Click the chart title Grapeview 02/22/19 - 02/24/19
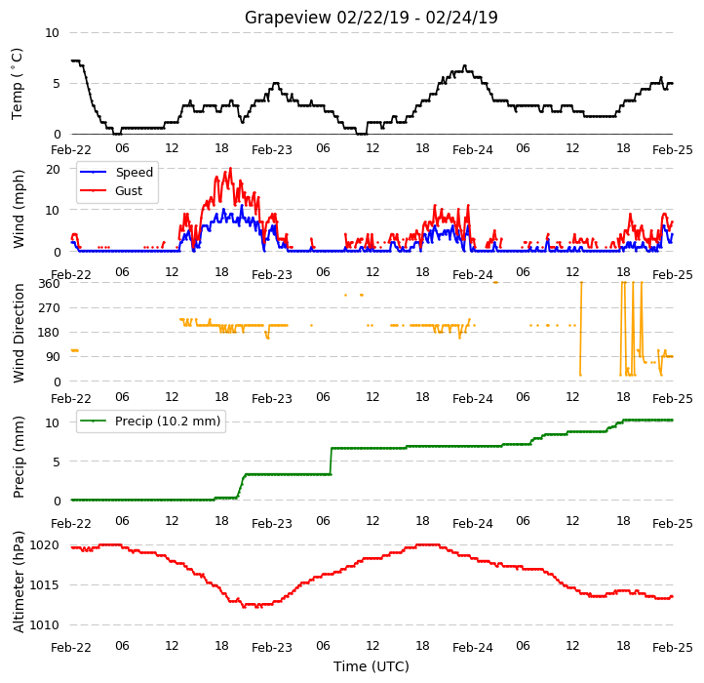tap(371, 18)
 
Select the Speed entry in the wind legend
tap(135, 172)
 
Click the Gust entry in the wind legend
tap(129, 190)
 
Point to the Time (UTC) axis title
tap(371, 665)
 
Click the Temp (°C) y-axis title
tap(17, 84)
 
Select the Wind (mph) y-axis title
tap(18, 209)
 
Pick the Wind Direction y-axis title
tap(18, 333)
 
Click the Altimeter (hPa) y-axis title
tap(18, 582)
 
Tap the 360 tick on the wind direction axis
tap(49, 284)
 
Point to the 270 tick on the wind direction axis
tap(49, 308)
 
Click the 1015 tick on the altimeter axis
tap(44, 585)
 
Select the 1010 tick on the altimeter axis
tap(44, 625)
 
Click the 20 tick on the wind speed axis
tap(53, 169)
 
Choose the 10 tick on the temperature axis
tap(52, 33)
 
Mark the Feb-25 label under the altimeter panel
tap(673, 648)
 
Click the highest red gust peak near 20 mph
tap(231, 169)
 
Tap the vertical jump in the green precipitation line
tap(331, 461)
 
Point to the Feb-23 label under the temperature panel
tap(272, 149)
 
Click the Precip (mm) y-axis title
tap(18, 457)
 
